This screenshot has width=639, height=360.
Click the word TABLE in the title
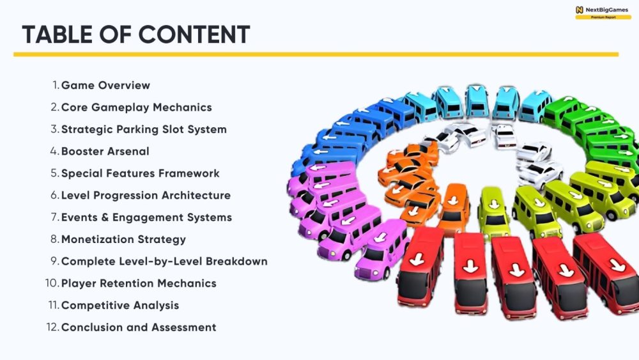click(58, 35)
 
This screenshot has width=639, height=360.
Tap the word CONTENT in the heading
click(194, 35)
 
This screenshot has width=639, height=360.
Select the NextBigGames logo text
click(607, 10)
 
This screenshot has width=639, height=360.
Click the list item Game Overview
click(105, 85)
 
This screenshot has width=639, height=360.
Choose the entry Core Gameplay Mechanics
click(137, 107)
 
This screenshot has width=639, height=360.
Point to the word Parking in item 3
click(137, 129)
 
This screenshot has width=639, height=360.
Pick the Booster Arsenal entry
click(105, 152)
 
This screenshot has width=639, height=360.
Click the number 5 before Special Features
click(55, 173)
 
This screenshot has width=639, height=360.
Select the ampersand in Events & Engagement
click(105, 217)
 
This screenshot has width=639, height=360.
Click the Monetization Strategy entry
click(123, 239)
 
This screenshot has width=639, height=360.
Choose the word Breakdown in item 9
click(236, 262)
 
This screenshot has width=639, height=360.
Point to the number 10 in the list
click(52, 283)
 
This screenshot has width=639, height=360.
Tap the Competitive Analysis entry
click(120, 306)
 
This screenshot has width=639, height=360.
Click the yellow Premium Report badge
click(603, 17)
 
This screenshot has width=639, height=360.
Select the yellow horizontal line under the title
click(316, 54)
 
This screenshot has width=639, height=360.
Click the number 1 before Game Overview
click(56, 85)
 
